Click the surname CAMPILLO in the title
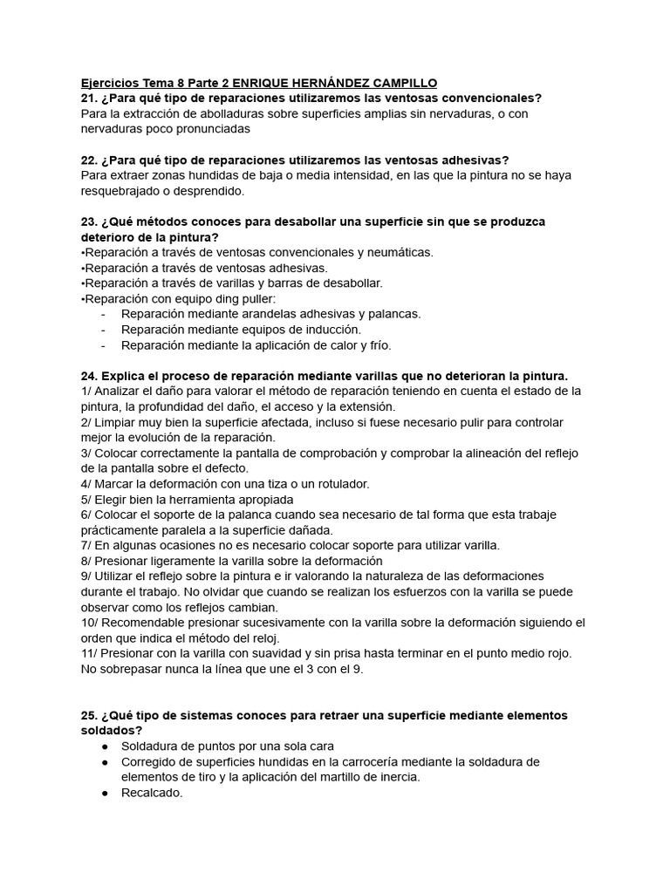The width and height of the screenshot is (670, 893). coord(400,83)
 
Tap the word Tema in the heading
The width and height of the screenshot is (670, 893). coord(153,83)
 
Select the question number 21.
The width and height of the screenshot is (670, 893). coord(88,98)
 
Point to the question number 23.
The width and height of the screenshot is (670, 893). coord(88,222)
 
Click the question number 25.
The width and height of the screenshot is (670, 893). coord(88,715)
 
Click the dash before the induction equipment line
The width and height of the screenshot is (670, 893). coord(105,330)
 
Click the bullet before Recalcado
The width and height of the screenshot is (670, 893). coord(105,793)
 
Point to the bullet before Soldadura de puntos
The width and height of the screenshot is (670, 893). coord(105,746)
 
